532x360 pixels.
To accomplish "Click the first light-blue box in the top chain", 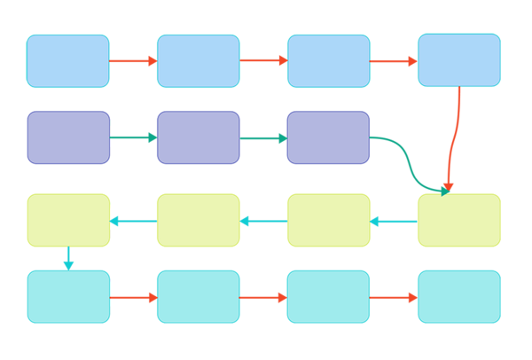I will click(x=67, y=61).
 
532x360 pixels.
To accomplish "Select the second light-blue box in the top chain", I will click(x=198, y=61).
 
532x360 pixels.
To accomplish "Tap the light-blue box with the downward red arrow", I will click(x=458, y=60).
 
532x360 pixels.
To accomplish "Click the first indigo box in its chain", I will click(x=67, y=137).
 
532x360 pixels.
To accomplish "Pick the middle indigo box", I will click(x=198, y=137).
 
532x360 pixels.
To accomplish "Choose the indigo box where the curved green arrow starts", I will click(x=328, y=137).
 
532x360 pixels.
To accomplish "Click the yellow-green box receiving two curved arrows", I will click(x=458, y=220).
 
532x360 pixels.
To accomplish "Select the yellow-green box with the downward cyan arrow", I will click(x=67, y=220).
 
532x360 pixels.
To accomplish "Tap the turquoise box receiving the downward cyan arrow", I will click(x=67, y=296).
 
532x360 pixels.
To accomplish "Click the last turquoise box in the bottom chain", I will click(x=458, y=296).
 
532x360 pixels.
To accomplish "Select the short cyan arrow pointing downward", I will click(x=68, y=258).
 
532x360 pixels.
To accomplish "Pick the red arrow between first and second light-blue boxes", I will click(x=133, y=61).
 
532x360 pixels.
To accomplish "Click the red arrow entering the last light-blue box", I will click(x=394, y=61).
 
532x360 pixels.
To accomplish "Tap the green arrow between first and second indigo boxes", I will click(x=133, y=137).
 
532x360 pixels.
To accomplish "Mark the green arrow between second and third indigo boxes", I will click(x=263, y=137).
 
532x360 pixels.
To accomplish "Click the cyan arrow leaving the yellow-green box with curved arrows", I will click(x=394, y=221).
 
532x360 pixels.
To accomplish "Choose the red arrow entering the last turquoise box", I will click(x=394, y=297).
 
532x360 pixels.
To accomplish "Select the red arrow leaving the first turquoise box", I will click(x=133, y=297).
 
